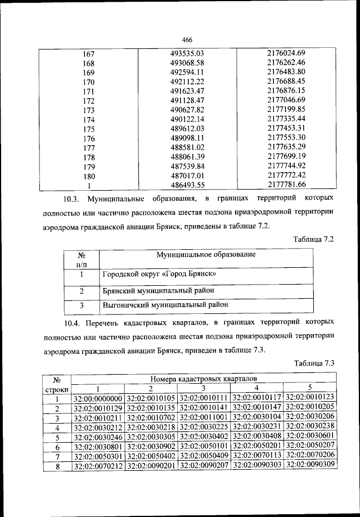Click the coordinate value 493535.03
click(x=186, y=53)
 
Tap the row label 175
click(x=88, y=128)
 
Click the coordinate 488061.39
click(x=186, y=156)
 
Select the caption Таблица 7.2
click(x=314, y=239)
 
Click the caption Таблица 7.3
click(x=314, y=363)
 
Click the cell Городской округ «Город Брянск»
click(x=159, y=275)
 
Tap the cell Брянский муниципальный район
click(x=158, y=291)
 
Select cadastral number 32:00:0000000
click(x=98, y=399)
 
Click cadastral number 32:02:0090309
click(x=310, y=465)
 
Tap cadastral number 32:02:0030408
click(x=257, y=437)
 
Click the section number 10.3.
click(x=73, y=199)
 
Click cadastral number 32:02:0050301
click(x=98, y=456)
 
